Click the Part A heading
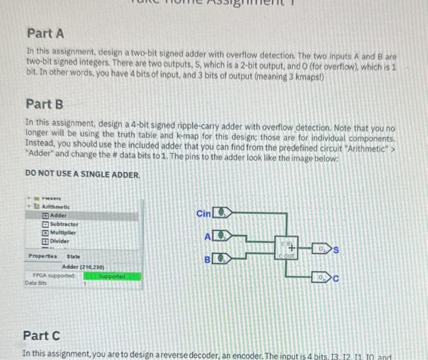click(46, 32)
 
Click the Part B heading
click(45, 104)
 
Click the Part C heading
click(42, 335)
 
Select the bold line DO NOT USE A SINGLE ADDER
click(83, 174)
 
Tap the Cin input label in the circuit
click(202, 213)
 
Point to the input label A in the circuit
click(207, 237)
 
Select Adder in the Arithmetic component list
click(59, 216)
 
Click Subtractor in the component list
click(64, 224)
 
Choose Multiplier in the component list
click(64, 233)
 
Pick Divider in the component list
click(60, 241)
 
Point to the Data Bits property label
click(35, 283)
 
